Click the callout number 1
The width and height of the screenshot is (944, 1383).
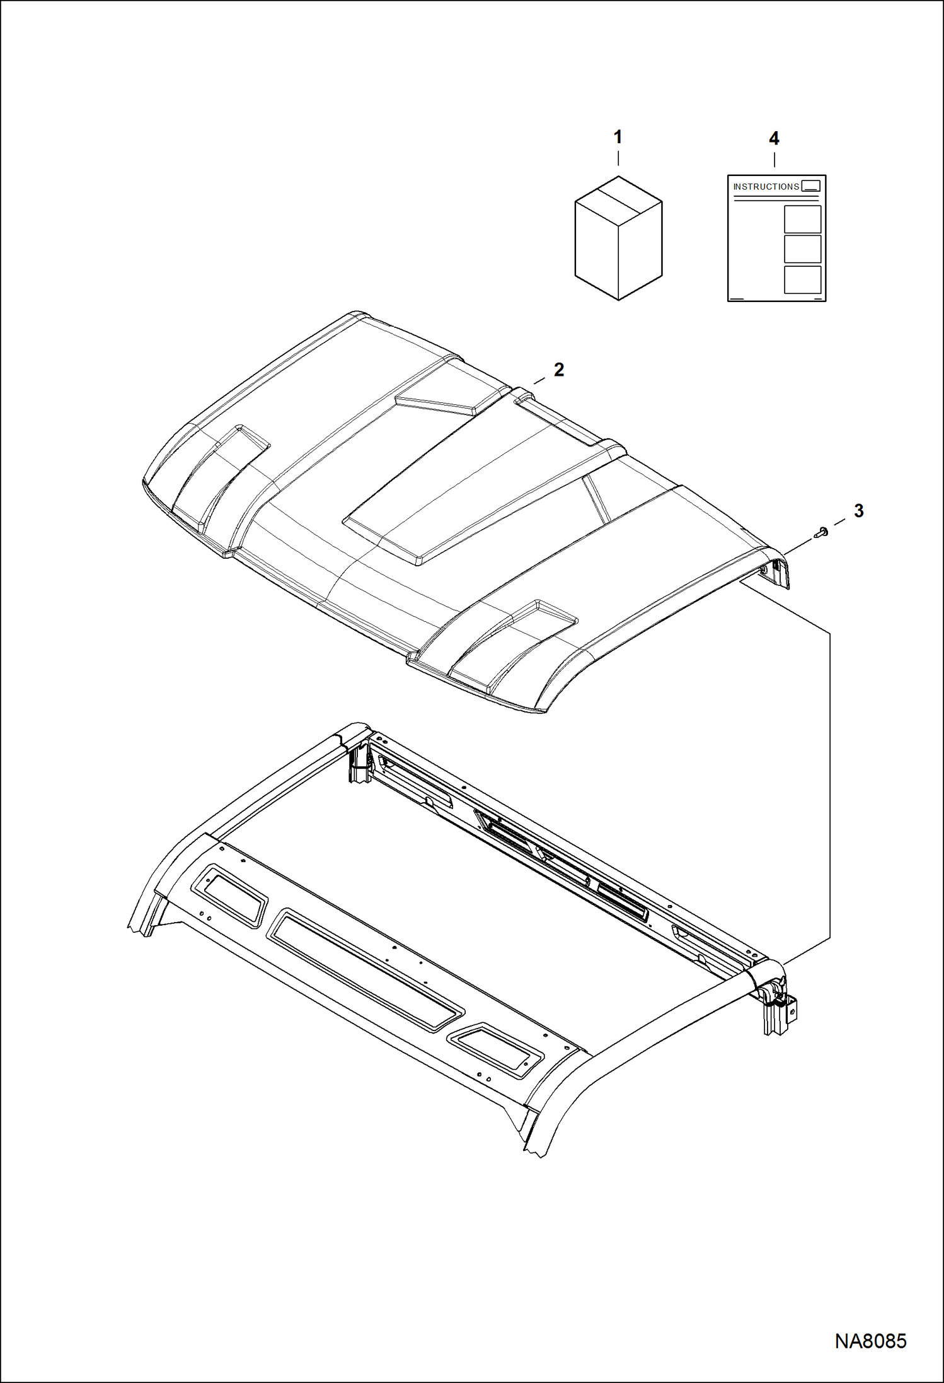click(x=618, y=137)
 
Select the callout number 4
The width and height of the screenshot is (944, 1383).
click(x=774, y=139)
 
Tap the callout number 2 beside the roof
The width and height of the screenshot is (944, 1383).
click(x=559, y=370)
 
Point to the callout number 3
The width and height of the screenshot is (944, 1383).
click(x=858, y=511)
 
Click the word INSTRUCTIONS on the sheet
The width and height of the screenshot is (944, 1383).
click(x=766, y=187)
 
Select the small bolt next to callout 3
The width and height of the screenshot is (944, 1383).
click(x=820, y=532)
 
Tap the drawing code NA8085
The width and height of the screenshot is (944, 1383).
click(x=870, y=1341)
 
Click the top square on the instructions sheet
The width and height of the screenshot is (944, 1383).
click(x=802, y=219)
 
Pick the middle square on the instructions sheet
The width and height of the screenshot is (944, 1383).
click(x=802, y=249)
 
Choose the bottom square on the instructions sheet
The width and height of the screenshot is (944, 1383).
click(x=802, y=279)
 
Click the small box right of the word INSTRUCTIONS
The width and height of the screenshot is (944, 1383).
click(x=811, y=186)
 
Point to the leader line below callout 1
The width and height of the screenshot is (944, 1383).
click(x=618, y=158)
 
